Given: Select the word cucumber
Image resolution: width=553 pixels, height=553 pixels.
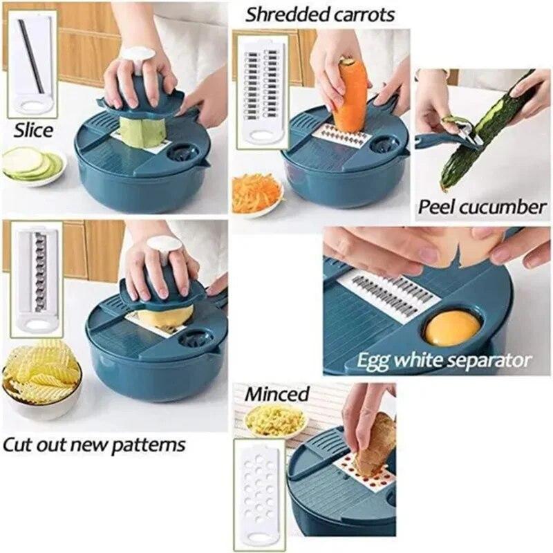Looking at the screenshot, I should pos(507,207).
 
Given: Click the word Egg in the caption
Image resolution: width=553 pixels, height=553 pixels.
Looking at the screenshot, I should pos(373,360).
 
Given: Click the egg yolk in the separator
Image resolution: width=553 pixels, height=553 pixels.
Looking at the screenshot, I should pos(452,327).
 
